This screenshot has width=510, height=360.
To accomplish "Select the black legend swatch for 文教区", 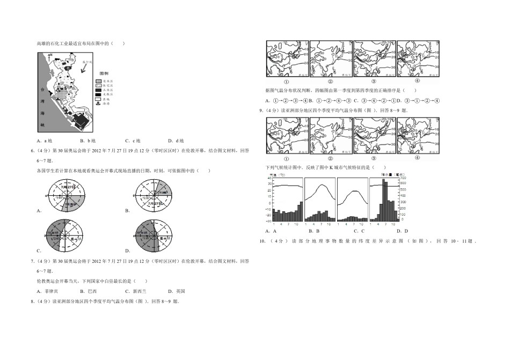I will coord(98,94).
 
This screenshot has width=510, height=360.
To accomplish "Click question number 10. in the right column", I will coord(263,241).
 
